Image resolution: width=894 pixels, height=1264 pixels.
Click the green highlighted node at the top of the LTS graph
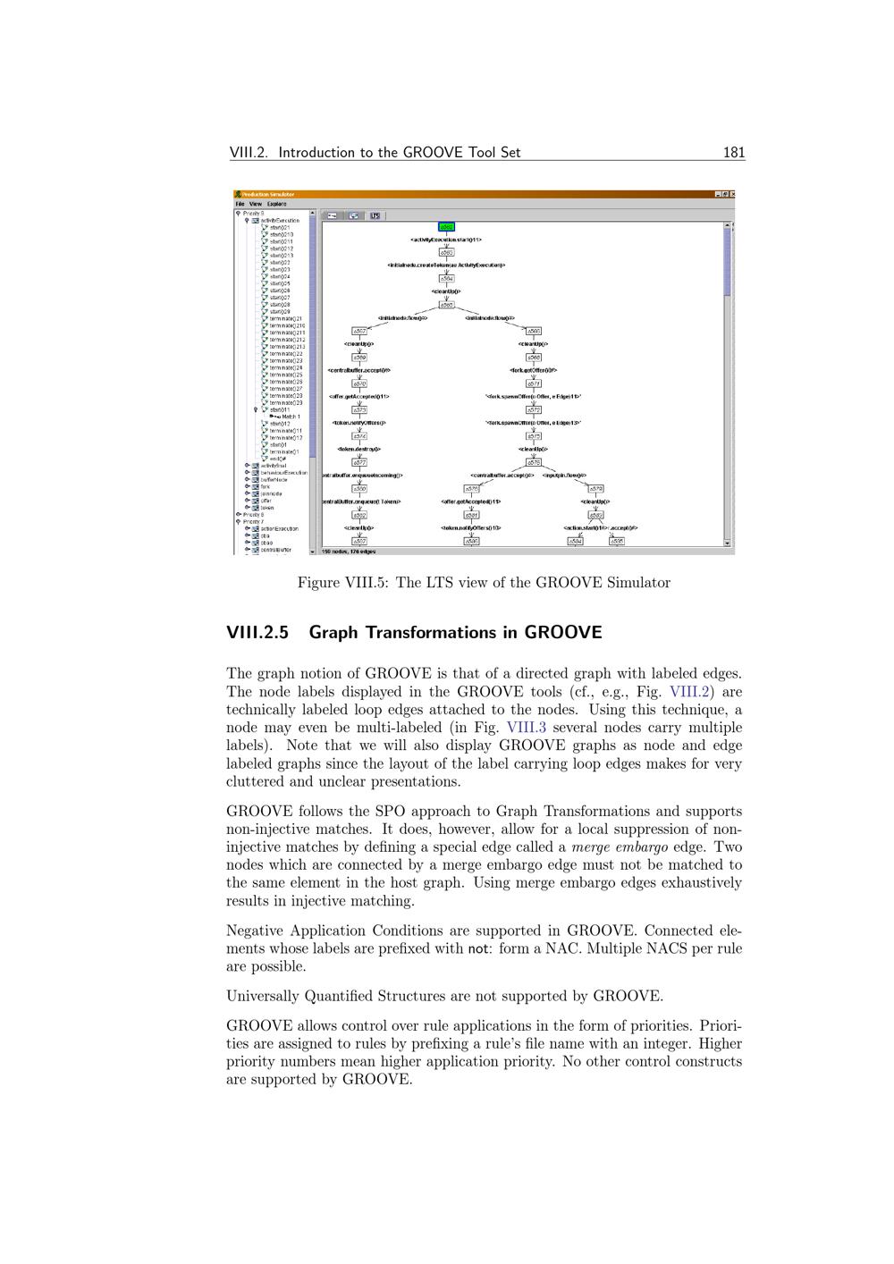[x=447, y=227]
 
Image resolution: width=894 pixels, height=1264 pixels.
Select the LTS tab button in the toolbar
[x=375, y=215]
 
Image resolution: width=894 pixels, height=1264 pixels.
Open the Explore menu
[x=276, y=204]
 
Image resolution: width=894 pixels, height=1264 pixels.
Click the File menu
[x=240, y=204]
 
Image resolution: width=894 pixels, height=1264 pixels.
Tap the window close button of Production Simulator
[x=732, y=194]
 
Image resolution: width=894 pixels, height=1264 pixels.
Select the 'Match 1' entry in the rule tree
[x=288, y=417]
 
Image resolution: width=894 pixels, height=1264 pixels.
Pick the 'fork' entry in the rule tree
[x=266, y=486]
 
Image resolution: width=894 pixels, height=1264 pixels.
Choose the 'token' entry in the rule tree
[x=267, y=508]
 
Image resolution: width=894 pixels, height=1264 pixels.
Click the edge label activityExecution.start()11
[x=447, y=240]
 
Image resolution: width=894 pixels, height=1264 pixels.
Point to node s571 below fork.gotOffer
[x=533, y=383]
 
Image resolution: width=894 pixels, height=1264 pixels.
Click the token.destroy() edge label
[x=359, y=450]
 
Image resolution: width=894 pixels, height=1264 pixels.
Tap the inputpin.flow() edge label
[x=565, y=476]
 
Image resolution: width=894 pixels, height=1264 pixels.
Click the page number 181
[x=734, y=152]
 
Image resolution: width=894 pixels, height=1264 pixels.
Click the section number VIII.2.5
[x=257, y=633]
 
